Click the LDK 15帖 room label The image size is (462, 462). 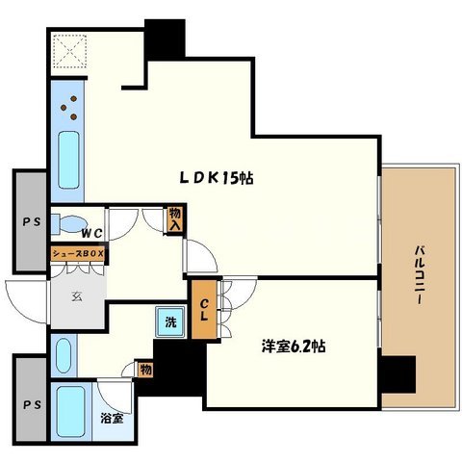tap(217, 178)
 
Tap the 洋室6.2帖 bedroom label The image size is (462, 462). tap(294, 346)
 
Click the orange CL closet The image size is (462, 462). tap(204, 310)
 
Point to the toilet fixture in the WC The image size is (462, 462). tap(69, 223)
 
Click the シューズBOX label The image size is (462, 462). tap(78, 254)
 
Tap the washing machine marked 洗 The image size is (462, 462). tap(170, 321)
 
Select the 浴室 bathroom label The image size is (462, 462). tap(112, 419)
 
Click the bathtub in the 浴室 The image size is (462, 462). tap(70, 411)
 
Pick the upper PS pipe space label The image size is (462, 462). tap(32, 221)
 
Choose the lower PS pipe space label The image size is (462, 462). tap(32, 405)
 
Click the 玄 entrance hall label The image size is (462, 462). tap(77, 296)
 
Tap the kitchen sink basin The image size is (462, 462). tap(68, 160)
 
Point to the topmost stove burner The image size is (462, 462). tap(74, 98)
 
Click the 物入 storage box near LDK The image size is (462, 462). tap(175, 219)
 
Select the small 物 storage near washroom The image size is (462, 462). tap(145, 370)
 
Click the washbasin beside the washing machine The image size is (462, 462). tap(64, 355)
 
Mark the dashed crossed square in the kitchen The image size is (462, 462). tap(69, 51)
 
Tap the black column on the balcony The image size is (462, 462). tap(398, 374)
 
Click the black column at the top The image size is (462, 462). tap(165, 39)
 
